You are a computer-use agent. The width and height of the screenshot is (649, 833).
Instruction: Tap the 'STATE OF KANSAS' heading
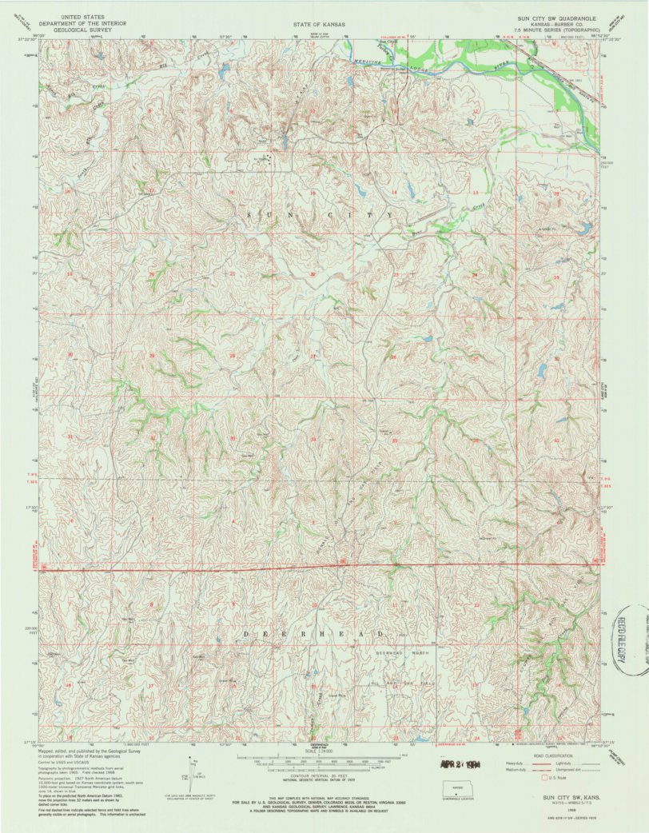pos(319,25)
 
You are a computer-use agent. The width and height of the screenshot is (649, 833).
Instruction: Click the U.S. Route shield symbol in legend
pos(547,777)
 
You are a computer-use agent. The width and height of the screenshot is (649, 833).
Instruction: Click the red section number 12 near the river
pos(476,111)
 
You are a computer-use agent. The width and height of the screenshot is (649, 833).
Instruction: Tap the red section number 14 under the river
pos(394,193)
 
